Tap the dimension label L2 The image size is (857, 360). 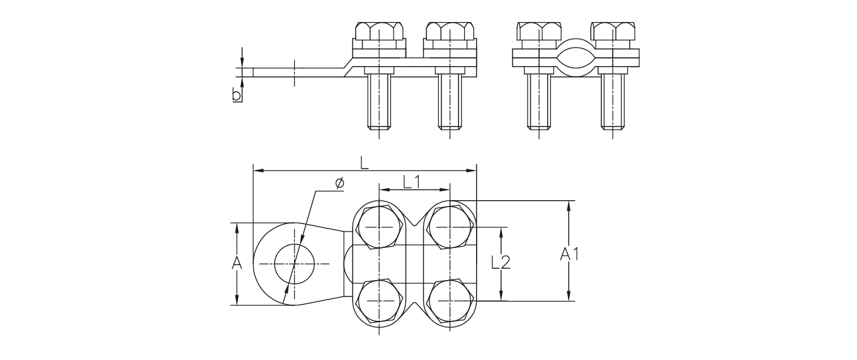point(501,263)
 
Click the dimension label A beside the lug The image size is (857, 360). point(237,264)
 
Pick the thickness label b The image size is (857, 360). point(237,95)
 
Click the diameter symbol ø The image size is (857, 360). point(339,183)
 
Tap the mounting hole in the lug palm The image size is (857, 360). point(294,264)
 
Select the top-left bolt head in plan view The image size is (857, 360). point(378,227)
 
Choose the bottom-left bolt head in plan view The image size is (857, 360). point(378,301)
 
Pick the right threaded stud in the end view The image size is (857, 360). point(613,101)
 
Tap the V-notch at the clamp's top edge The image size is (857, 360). point(414,218)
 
